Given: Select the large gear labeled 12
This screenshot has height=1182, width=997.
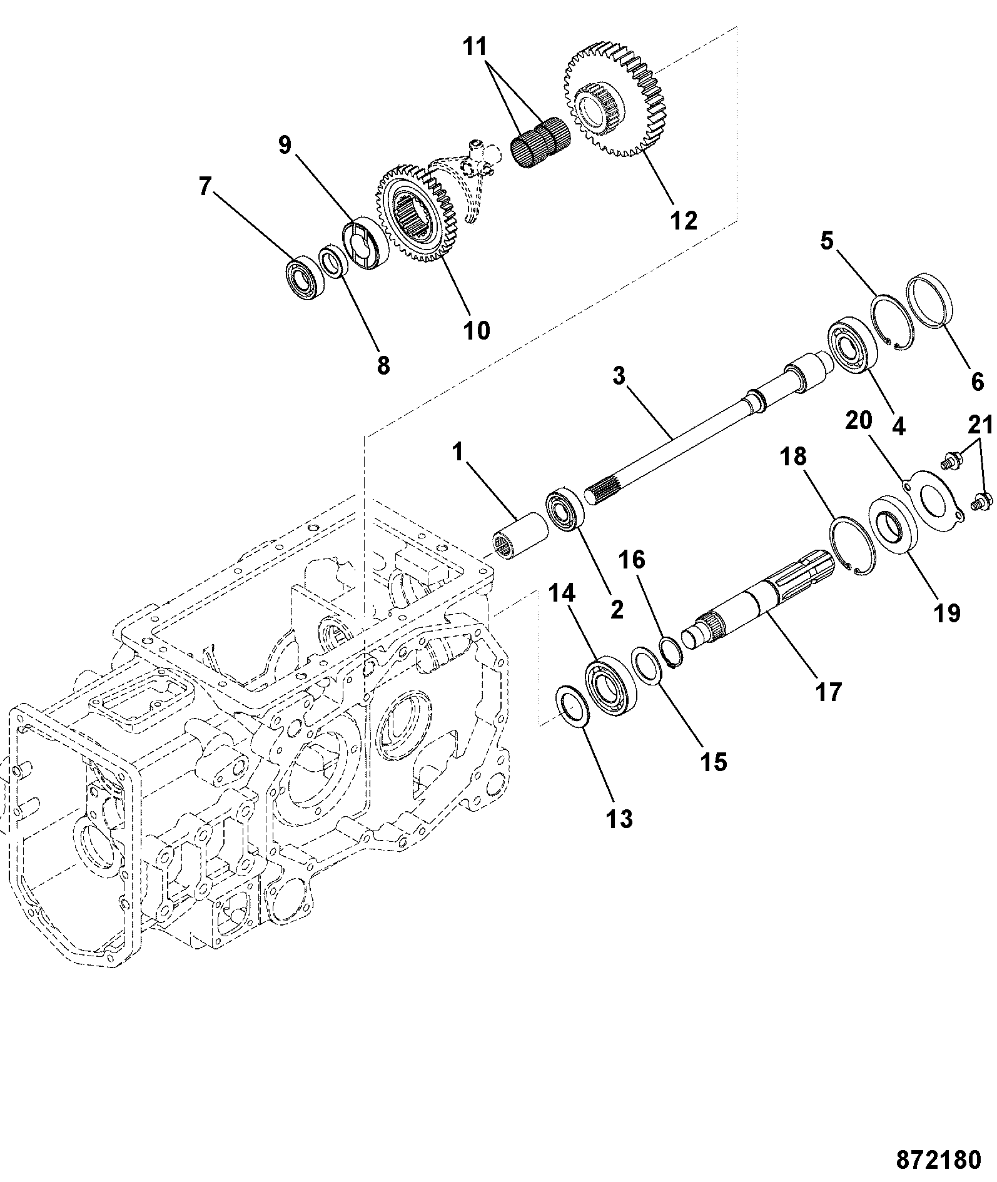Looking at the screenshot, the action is point(614,103).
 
